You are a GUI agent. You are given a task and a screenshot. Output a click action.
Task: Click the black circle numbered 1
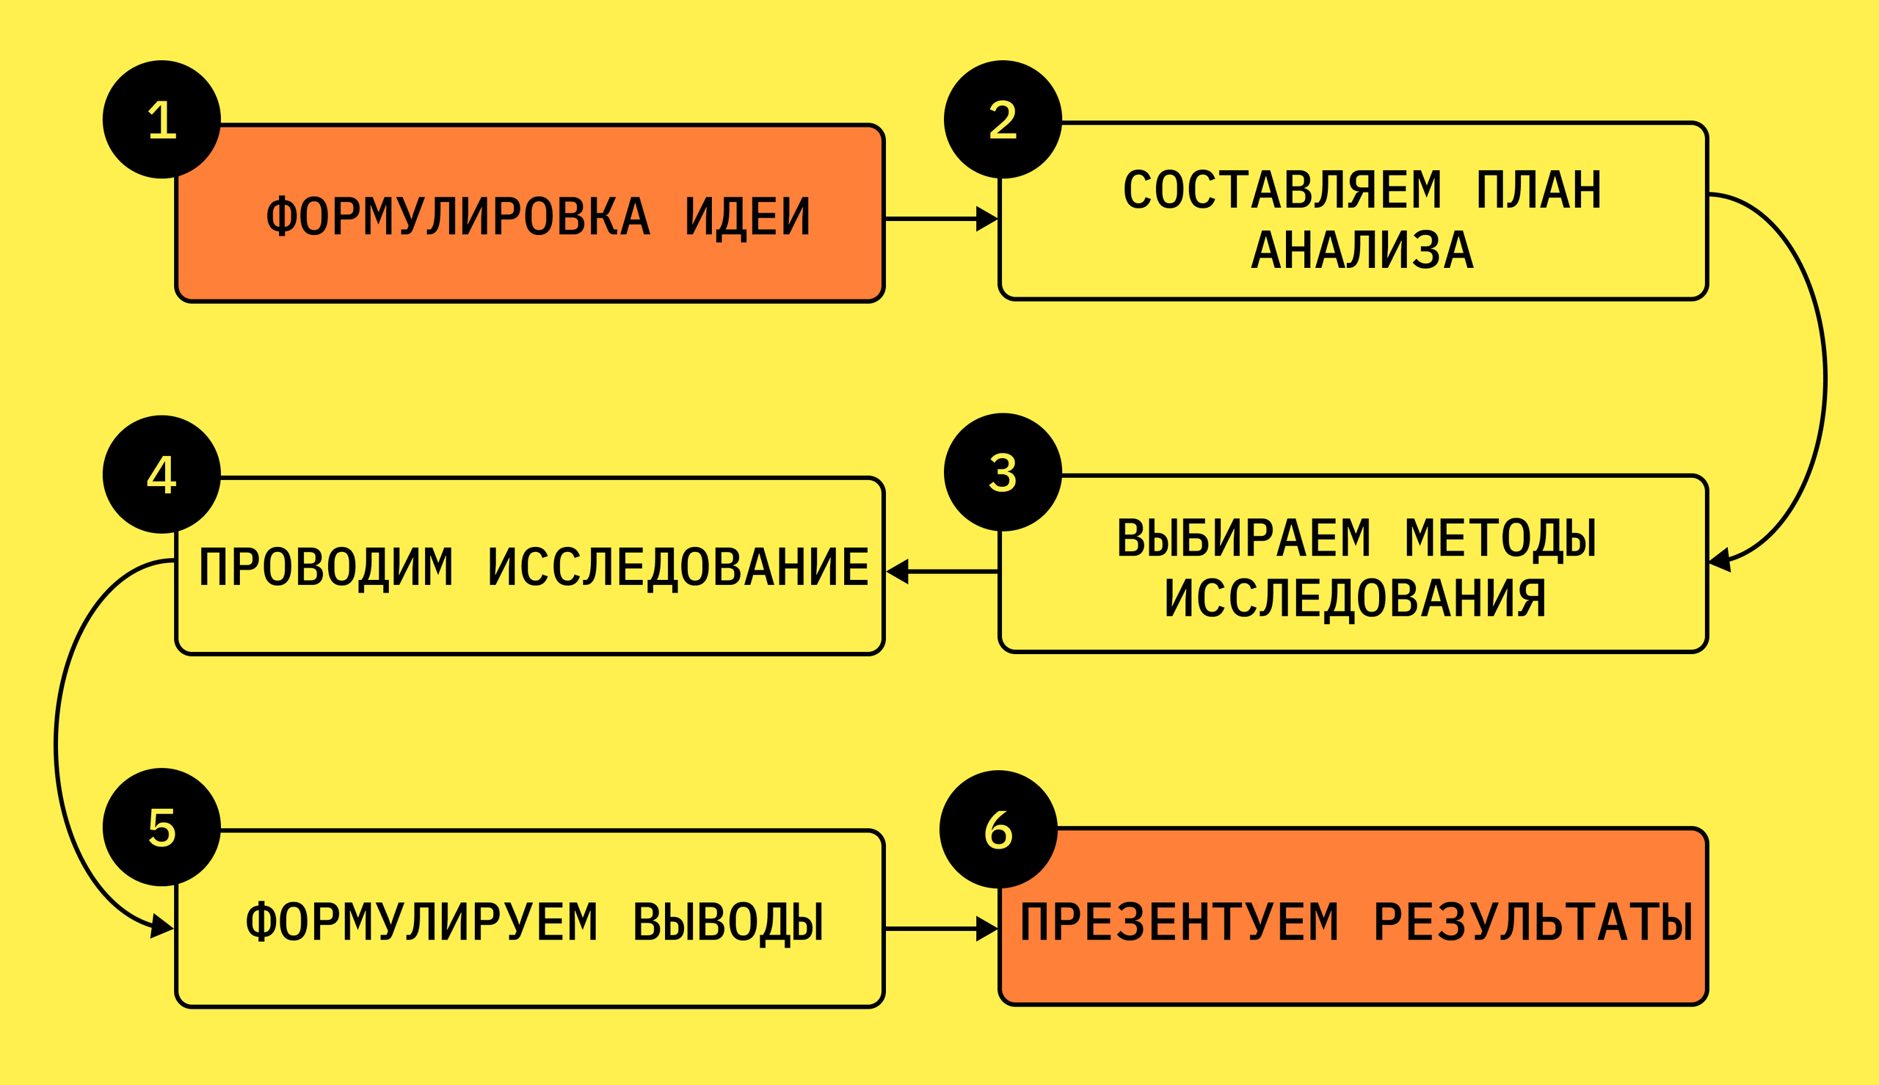[x=161, y=119]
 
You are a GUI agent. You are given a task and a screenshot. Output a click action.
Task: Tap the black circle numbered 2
[x=1002, y=119]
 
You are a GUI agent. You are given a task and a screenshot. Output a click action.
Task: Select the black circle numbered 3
[x=1002, y=472]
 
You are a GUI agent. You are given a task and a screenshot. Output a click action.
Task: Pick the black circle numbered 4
[x=161, y=474]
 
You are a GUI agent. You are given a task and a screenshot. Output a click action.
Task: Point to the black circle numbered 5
[x=161, y=827]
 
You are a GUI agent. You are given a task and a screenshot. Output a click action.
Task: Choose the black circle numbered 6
[x=998, y=830]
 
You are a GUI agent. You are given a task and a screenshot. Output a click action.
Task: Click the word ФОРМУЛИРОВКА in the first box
[x=458, y=217]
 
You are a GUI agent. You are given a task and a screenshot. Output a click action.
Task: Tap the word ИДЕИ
[x=747, y=217]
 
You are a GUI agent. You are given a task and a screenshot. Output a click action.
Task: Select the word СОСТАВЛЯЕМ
[x=1282, y=190]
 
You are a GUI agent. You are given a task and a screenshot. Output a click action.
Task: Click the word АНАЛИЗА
[x=1362, y=250]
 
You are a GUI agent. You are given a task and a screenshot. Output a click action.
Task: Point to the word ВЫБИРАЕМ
[x=1243, y=538]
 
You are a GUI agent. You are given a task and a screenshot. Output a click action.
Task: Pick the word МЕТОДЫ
[x=1500, y=538]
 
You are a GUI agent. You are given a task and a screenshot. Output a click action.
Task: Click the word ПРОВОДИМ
[x=326, y=567]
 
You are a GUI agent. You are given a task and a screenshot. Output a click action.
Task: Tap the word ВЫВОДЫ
[x=728, y=923]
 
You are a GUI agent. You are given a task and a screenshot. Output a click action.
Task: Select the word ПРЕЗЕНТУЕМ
[x=1180, y=923]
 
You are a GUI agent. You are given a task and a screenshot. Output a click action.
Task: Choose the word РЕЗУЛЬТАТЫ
[x=1533, y=923]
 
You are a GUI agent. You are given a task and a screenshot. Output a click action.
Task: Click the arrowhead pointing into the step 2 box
[x=986, y=219]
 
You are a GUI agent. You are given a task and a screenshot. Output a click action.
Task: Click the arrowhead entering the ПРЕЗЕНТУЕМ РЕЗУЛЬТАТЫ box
[x=986, y=929]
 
